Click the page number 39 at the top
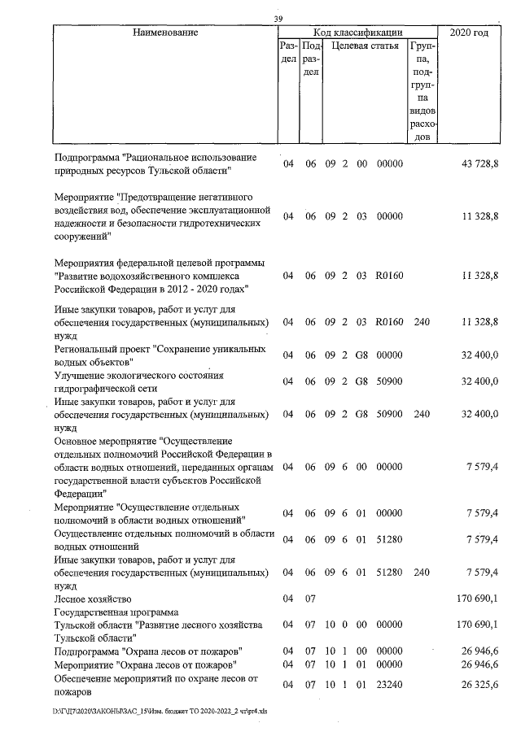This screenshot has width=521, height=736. click(x=278, y=20)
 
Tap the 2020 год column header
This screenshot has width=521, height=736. click(x=469, y=33)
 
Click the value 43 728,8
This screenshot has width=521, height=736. click(x=479, y=164)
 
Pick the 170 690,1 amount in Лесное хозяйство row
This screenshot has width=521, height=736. click(x=477, y=599)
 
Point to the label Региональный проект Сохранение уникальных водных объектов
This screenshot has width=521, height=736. click(x=160, y=355)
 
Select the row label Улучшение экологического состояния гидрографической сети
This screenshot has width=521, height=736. click(x=138, y=381)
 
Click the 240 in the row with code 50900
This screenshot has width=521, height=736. click(x=421, y=414)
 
